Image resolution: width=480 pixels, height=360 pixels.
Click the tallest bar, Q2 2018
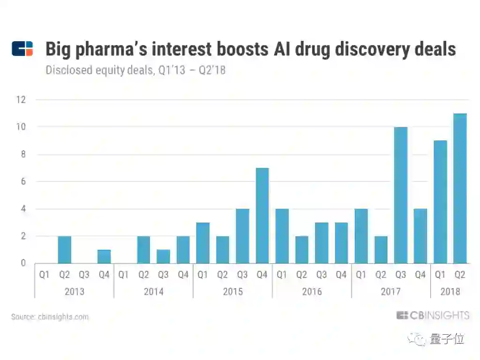(x=460, y=188)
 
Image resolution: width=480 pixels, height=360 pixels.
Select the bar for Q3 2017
(x=401, y=195)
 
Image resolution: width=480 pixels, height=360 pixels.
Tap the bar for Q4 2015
(x=262, y=215)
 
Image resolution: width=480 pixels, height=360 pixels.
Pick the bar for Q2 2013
(x=65, y=249)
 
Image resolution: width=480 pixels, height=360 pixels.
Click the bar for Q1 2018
(x=441, y=202)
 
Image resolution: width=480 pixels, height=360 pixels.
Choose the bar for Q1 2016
(x=282, y=236)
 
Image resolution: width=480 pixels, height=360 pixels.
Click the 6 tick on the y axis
(x=22, y=181)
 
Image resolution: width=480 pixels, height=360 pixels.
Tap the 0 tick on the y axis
(x=22, y=263)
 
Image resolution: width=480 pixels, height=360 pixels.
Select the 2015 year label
(x=232, y=292)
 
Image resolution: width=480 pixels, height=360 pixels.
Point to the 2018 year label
(x=450, y=292)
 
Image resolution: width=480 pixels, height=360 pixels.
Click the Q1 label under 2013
(x=44, y=275)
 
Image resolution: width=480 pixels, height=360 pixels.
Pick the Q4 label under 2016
(x=341, y=275)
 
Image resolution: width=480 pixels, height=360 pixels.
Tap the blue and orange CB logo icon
(x=22, y=49)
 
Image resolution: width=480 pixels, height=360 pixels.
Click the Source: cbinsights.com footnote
(x=50, y=317)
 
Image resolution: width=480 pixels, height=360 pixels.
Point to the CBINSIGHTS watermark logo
(x=432, y=315)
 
